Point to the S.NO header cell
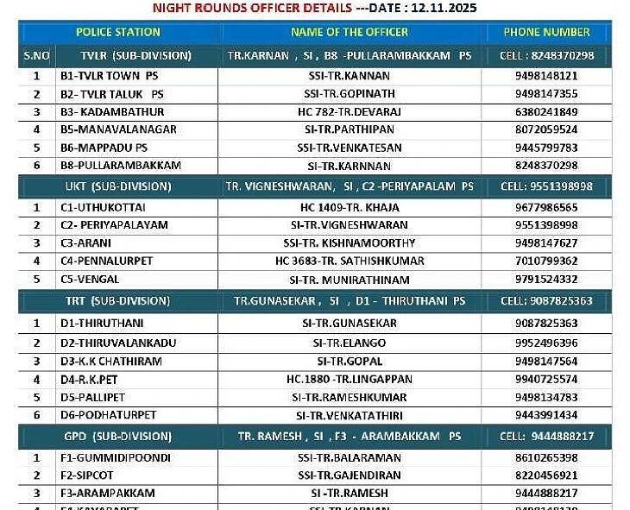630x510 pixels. (36, 55)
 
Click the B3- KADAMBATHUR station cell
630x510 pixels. (112, 111)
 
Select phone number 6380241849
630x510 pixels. (546, 111)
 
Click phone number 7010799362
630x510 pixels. (546, 261)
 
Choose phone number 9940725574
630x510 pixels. (546, 379)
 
